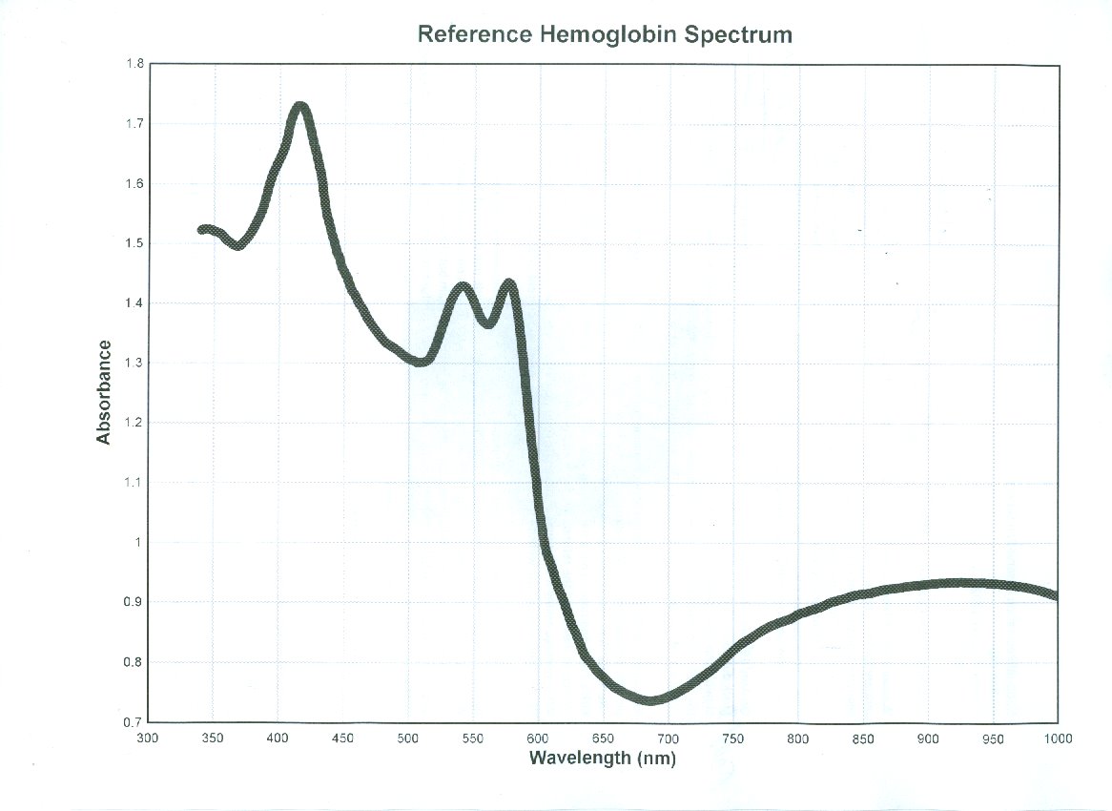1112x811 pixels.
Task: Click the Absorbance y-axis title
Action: [104, 392]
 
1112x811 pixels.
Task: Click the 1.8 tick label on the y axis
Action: [134, 64]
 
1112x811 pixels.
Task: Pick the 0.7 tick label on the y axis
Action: [134, 722]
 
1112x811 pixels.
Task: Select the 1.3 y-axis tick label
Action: [134, 364]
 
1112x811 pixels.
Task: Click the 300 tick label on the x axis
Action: [147, 738]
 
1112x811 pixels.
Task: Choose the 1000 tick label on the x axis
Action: [1057, 738]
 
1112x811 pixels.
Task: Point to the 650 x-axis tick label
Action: [603, 738]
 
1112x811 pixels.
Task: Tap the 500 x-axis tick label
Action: [407, 738]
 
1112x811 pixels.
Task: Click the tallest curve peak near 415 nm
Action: [300, 106]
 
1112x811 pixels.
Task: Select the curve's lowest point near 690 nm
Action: [651, 699]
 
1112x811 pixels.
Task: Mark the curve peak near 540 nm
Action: [462, 287]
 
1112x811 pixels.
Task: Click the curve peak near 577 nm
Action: [509, 284]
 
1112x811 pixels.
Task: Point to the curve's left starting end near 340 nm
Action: [202, 230]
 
